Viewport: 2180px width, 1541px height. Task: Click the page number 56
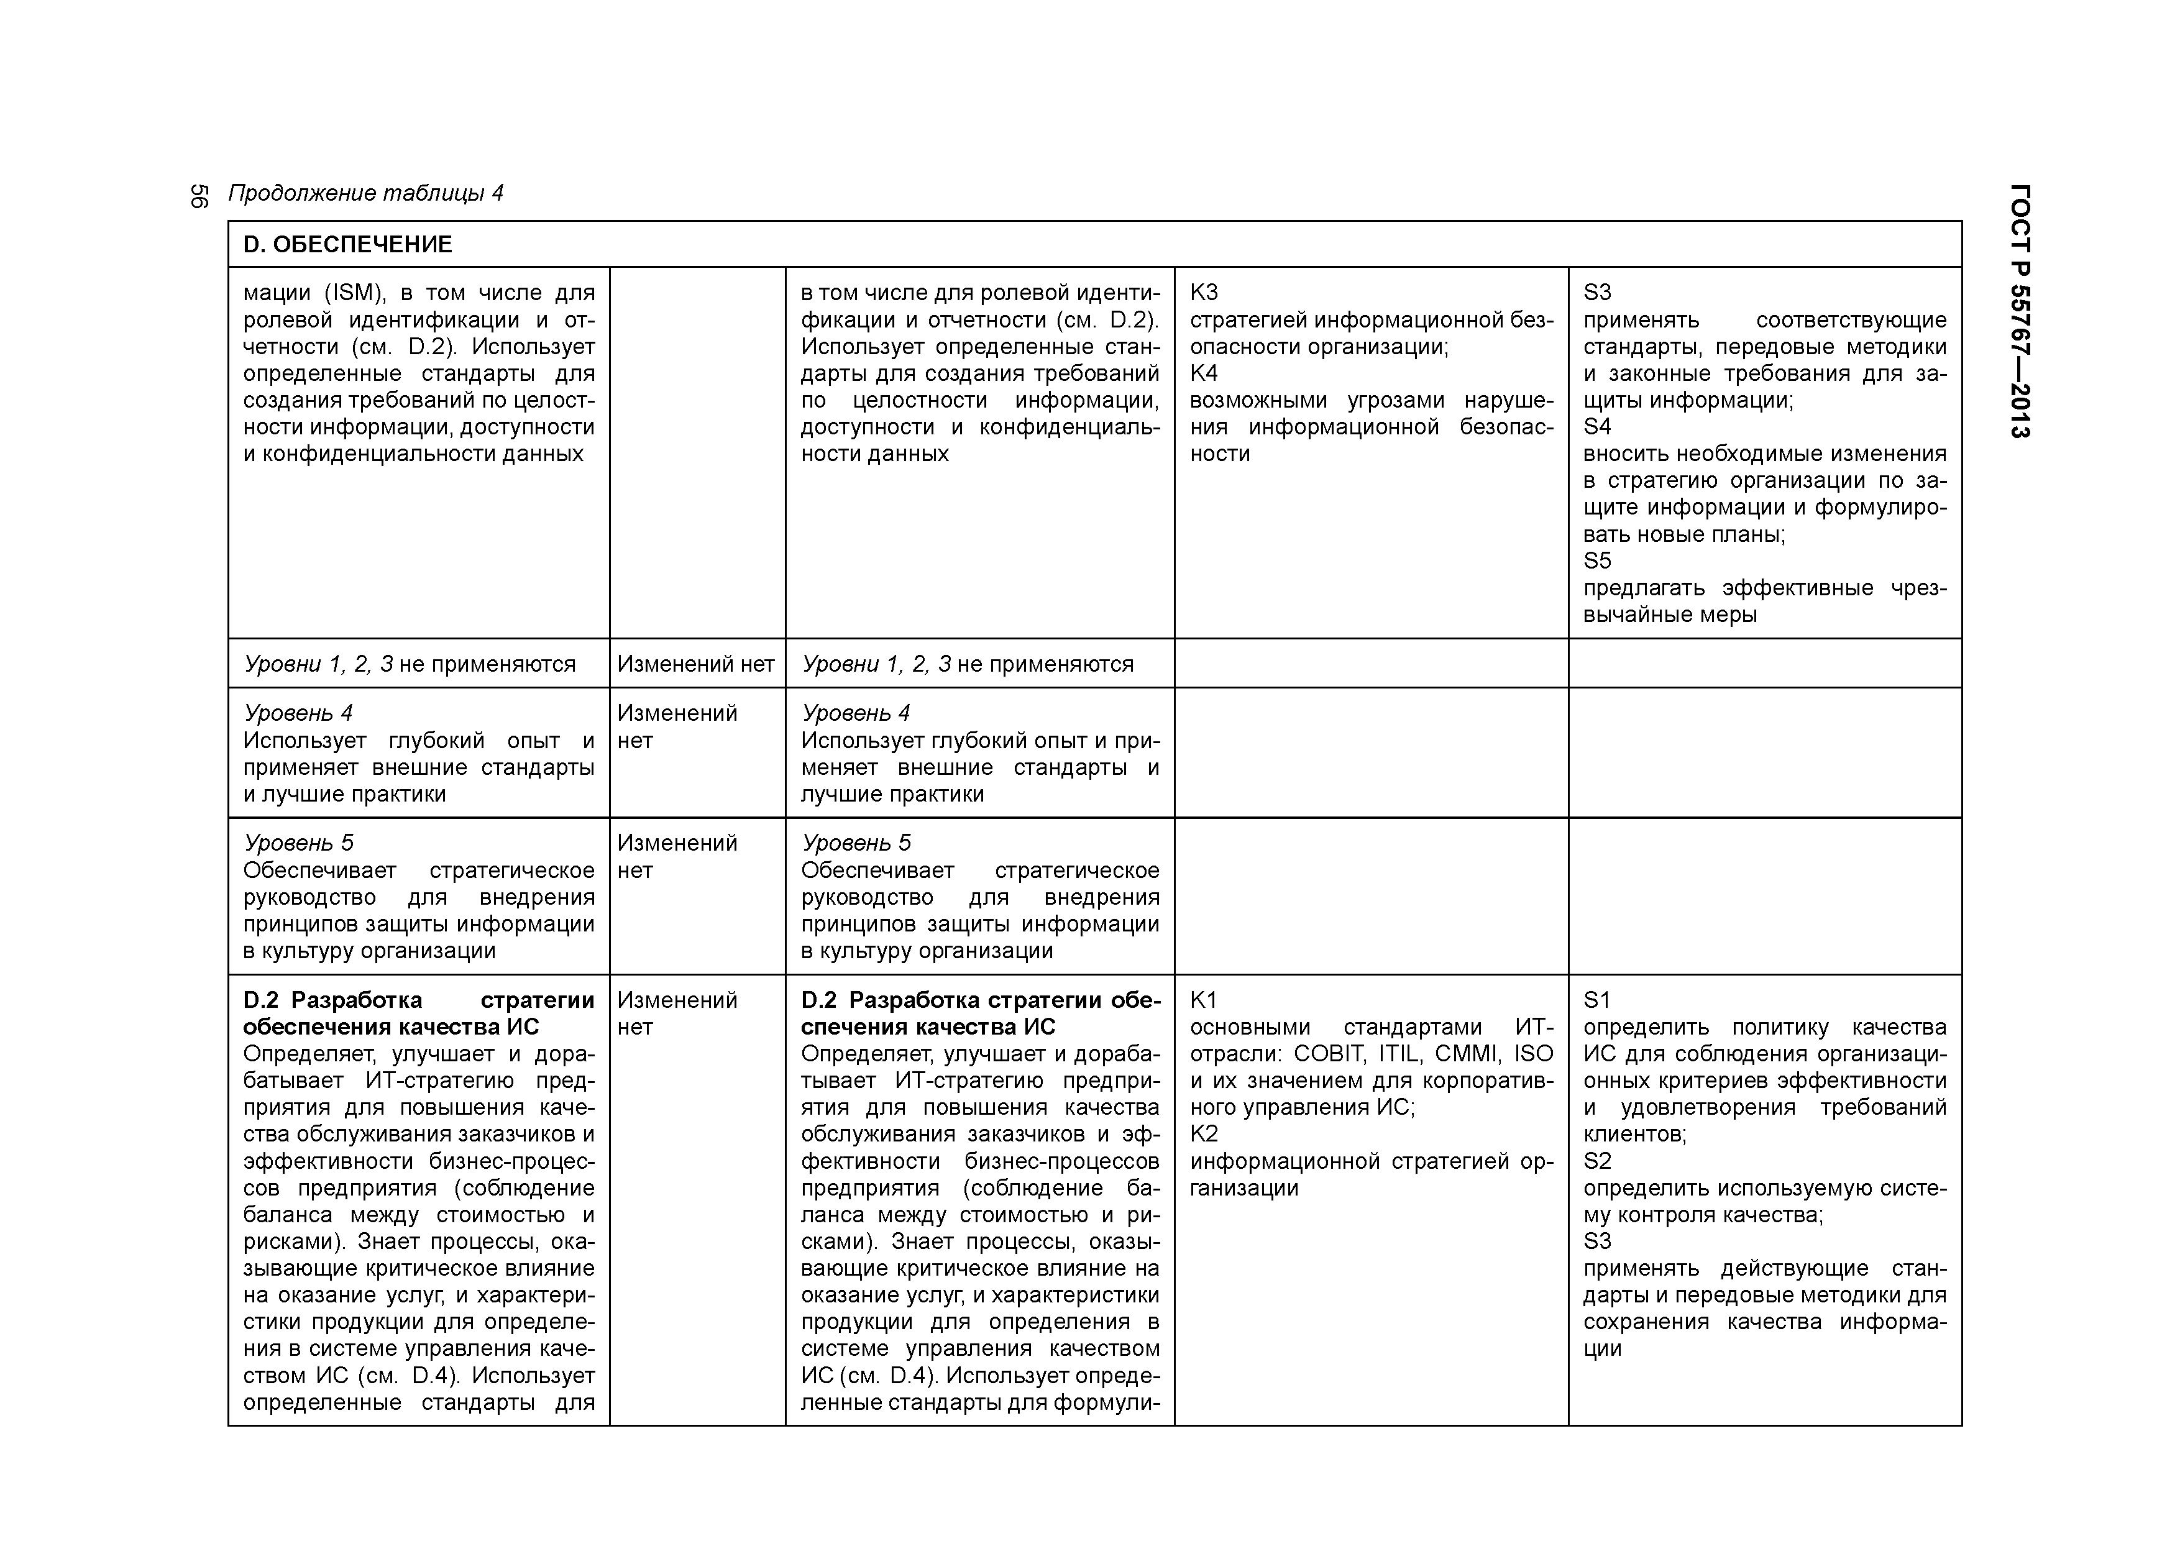199,196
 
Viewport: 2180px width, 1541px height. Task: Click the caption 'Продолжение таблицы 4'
365,194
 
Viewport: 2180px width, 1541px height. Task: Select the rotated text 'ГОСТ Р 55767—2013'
2020,311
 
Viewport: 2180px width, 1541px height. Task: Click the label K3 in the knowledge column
1203,293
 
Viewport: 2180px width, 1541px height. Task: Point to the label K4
1203,373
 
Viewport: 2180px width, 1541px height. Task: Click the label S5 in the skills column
1597,560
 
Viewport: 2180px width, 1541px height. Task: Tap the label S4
1597,426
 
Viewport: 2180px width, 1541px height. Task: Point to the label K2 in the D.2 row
1203,1133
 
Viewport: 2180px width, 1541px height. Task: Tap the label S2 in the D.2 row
1597,1160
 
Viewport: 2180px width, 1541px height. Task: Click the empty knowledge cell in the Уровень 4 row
1370,752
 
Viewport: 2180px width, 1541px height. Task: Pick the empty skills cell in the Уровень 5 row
1764,895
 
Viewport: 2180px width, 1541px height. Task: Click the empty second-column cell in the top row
697,452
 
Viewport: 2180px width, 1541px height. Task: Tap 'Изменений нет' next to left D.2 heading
676,1013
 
